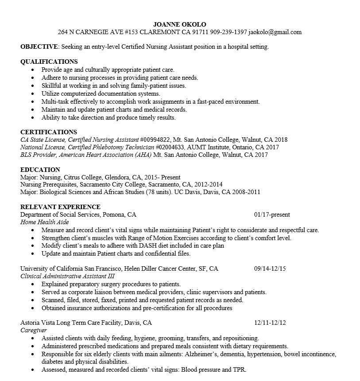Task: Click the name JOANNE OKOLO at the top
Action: [179, 24]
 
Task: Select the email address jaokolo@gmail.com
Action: [275, 32]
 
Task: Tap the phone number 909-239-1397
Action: [229, 32]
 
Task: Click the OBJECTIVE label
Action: [39, 47]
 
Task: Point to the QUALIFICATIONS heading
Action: [49, 62]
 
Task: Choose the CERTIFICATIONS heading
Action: [49, 132]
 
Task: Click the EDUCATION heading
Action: [40, 170]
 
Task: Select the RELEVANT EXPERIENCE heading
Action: [61, 207]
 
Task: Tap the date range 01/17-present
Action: [272, 215]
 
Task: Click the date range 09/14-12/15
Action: [270, 268]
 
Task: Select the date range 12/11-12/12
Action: [270, 323]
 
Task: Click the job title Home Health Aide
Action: [45, 222]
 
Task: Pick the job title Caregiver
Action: [34, 330]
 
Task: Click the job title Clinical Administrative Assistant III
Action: [67, 276]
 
